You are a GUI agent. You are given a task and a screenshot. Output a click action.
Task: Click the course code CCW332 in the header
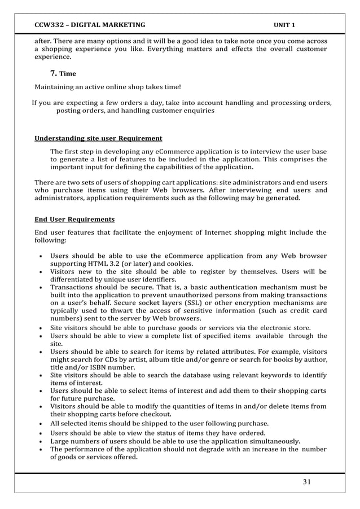point(49,25)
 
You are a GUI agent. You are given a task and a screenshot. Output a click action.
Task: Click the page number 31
point(307,481)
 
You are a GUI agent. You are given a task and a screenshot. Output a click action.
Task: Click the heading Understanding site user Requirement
point(98,138)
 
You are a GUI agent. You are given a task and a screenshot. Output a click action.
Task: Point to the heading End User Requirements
point(74,219)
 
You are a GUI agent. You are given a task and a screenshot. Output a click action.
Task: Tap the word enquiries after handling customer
point(197,111)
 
